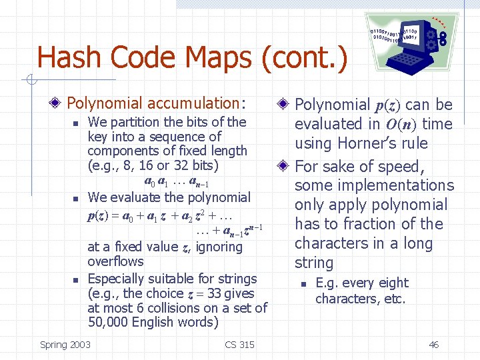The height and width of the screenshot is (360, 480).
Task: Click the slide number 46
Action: [x=433, y=345]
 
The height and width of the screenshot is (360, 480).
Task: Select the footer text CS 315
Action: [x=240, y=345]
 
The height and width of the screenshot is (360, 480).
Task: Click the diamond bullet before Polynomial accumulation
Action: [x=59, y=103]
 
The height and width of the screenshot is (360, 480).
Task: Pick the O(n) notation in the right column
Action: [x=399, y=124]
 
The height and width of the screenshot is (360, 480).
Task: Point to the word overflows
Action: [x=115, y=261]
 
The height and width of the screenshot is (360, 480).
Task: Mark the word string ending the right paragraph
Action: [x=313, y=263]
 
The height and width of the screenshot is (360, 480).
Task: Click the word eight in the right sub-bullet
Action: [x=395, y=283]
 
